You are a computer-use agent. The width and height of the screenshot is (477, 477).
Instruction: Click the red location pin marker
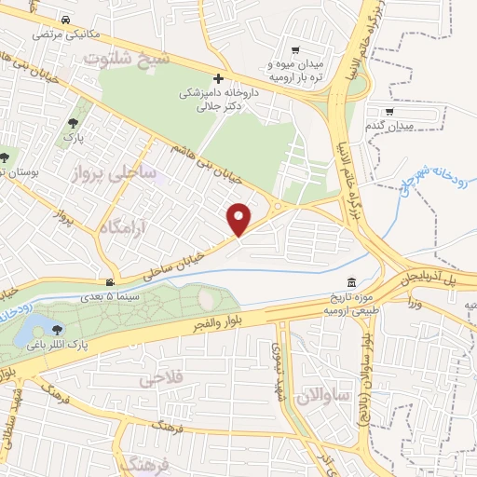click(x=239, y=218)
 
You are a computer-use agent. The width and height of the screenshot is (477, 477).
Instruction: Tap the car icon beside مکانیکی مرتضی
click(x=64, y=20)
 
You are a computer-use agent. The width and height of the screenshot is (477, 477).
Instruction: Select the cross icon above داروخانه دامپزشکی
click(x=219, y=80)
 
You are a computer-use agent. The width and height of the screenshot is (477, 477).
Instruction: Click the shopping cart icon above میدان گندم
click(x=401, y=112)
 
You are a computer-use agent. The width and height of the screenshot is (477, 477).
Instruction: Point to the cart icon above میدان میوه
click(x=295, y=50)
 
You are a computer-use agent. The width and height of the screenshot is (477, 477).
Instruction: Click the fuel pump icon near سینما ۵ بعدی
click(x=111, y=282)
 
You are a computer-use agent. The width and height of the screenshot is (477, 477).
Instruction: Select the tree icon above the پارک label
click(x=73, y=122)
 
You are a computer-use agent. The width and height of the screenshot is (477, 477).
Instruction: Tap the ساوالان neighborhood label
click(x=321, y=397)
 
